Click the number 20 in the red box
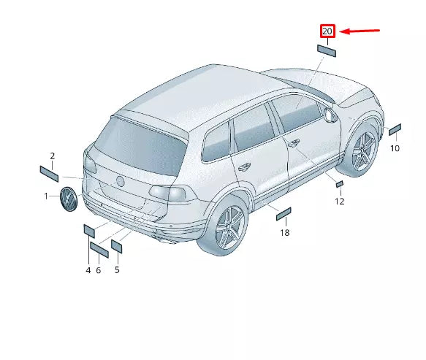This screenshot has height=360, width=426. (327, 31)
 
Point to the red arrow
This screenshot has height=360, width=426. (361, 31)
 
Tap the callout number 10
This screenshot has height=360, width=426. (395, 148)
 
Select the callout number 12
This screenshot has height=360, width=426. (340, 201)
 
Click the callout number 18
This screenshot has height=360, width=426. (285, 232)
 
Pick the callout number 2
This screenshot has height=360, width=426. (53, 156)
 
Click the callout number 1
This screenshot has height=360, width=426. (46, 196)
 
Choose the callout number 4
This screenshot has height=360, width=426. (88, 270)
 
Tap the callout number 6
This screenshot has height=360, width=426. (99, 270)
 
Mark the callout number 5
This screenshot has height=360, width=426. (117, 269)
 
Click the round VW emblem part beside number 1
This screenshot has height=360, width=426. (68, 199)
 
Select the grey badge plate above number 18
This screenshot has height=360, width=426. (284, 213)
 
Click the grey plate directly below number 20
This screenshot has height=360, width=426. (327, 50)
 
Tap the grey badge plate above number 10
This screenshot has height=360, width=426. (395, 130)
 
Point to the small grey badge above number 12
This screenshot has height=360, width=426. (339, 183)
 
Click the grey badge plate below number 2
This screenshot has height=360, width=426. (50, 174)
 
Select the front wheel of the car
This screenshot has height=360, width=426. (362, 151)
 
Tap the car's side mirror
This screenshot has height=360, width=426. (328, 114)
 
